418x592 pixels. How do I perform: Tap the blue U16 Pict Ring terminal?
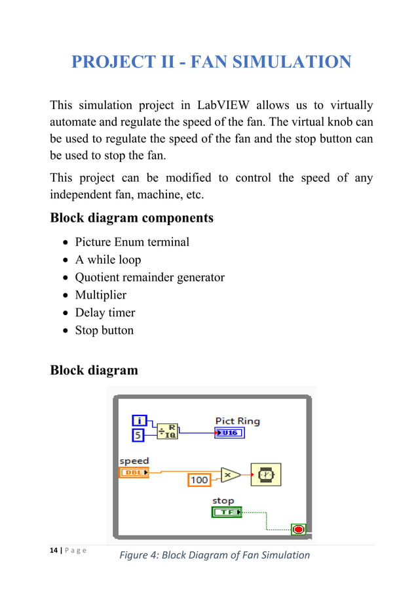(x=229, y=433)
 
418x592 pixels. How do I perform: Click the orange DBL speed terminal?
(x=134, y=472)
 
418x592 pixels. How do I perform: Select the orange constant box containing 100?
(x=199, y=480)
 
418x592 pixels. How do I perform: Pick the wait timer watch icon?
(x=266, y=475)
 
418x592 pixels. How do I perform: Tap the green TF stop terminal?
(x=227, y=512)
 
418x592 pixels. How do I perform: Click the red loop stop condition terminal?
(x=299, y=529)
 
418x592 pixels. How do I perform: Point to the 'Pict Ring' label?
(x=237, y=421)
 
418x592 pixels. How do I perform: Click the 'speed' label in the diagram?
(x=134, y=461)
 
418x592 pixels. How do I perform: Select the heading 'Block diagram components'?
(x=132, y=218)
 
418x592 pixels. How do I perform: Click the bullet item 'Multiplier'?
(x=101, y=295)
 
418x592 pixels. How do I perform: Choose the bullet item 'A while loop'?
(x=108, y=259)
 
